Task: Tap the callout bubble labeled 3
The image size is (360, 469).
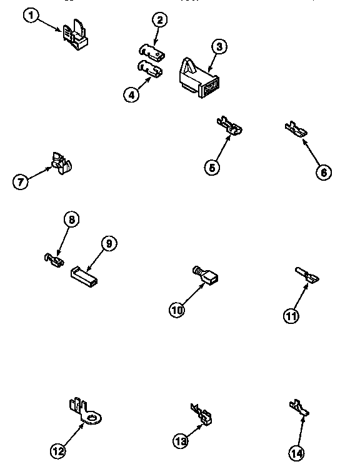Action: coord(217,46)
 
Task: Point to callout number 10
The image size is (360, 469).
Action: coord(177,309)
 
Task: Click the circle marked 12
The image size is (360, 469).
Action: coord(57,450)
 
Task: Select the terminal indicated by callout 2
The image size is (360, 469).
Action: coord(151,50)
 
